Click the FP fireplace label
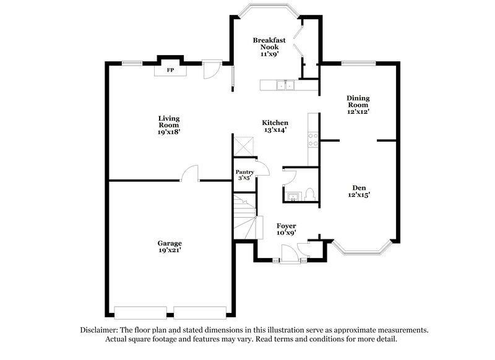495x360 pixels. pos(169,71)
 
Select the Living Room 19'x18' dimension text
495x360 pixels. pos(168,132)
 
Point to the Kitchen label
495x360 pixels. pos(275,122)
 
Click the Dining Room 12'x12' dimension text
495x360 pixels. pos(358,112)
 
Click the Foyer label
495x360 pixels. pos(286,226)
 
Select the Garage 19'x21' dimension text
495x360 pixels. pos(169,251)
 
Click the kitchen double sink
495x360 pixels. pos(285,86)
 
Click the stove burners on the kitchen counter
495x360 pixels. pos(313,139)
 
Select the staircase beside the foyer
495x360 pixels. pos(244,216)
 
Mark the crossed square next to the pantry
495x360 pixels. pos(243,148)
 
